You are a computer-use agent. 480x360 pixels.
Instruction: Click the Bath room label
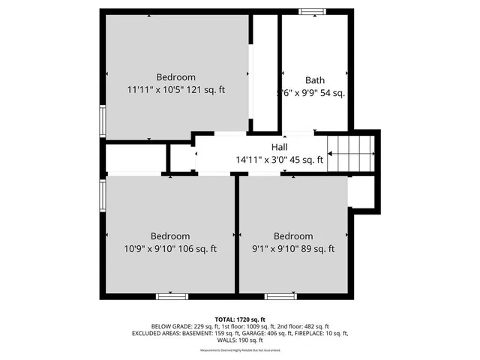314,80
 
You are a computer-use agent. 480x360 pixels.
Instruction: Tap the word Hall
279,147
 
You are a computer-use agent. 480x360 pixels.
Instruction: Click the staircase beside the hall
352,153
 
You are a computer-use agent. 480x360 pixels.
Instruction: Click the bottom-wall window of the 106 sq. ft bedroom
171,297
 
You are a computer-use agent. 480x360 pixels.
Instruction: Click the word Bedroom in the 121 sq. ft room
176,77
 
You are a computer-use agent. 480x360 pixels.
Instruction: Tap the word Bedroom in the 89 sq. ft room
292,236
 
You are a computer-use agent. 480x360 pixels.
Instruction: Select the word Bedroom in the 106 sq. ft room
169,236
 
